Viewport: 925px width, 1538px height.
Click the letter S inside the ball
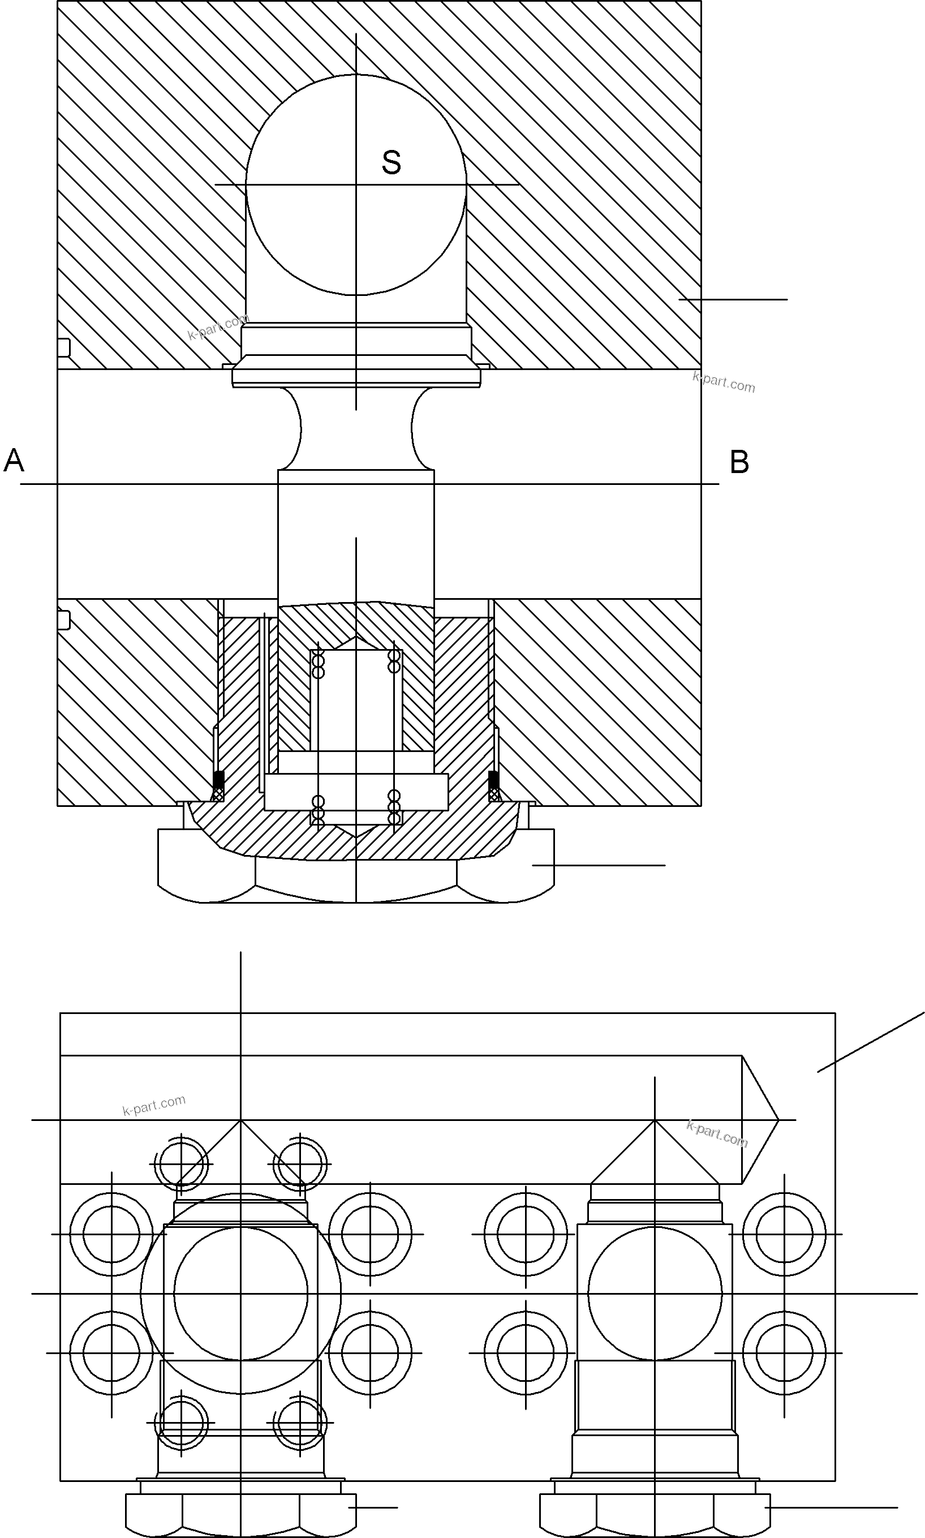coord(391,163)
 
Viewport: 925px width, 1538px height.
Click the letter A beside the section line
coord(14,461)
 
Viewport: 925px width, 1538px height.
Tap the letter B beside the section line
coord(739,462)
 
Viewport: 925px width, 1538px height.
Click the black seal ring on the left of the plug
coord(218,779)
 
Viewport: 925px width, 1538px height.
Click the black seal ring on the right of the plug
coord(493,779)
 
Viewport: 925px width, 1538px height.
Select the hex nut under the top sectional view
coord(356,879)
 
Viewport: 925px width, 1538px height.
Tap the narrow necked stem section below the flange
coord(356,429)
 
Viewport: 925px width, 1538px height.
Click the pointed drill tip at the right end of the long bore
coord(760,1120)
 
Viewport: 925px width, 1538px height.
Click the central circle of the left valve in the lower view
coord(240,1293)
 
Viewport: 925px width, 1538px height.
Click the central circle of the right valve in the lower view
coord(655,1293)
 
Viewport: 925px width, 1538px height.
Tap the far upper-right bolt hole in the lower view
coord(784,1234)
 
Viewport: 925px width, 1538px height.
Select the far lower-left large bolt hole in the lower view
coord(111,1353)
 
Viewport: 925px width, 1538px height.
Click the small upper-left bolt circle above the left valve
coord(181,1164)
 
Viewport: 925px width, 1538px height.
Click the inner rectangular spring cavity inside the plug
coord(356,698)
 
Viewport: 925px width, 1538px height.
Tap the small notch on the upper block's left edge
coord(63,348)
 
